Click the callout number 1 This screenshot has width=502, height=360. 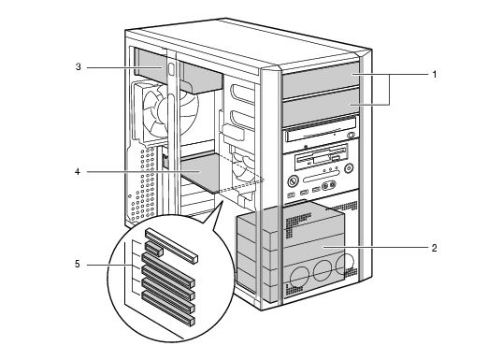(434, 74)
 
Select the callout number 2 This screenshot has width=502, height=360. (434, 248)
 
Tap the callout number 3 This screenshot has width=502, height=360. (79, 67)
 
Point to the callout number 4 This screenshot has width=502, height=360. (78, 172)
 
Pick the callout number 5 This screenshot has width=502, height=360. (78, 265)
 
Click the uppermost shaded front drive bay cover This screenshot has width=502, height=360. (321, 80)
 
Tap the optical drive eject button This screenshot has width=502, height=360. (351, 136)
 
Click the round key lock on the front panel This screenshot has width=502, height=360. (293, 181)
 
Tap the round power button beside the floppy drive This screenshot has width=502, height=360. (349, 167)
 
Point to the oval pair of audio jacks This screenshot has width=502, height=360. (329, 185)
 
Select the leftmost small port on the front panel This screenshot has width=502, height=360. (291, 194)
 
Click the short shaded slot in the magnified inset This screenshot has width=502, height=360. (154, 249)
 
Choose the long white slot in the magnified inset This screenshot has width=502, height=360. (172, 246)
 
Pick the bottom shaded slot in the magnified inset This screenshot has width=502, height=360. (168, 309)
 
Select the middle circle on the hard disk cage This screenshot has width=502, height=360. (323, 270)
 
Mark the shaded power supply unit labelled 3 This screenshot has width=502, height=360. (179, 71)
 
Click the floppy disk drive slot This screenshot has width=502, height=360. (322, 159)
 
